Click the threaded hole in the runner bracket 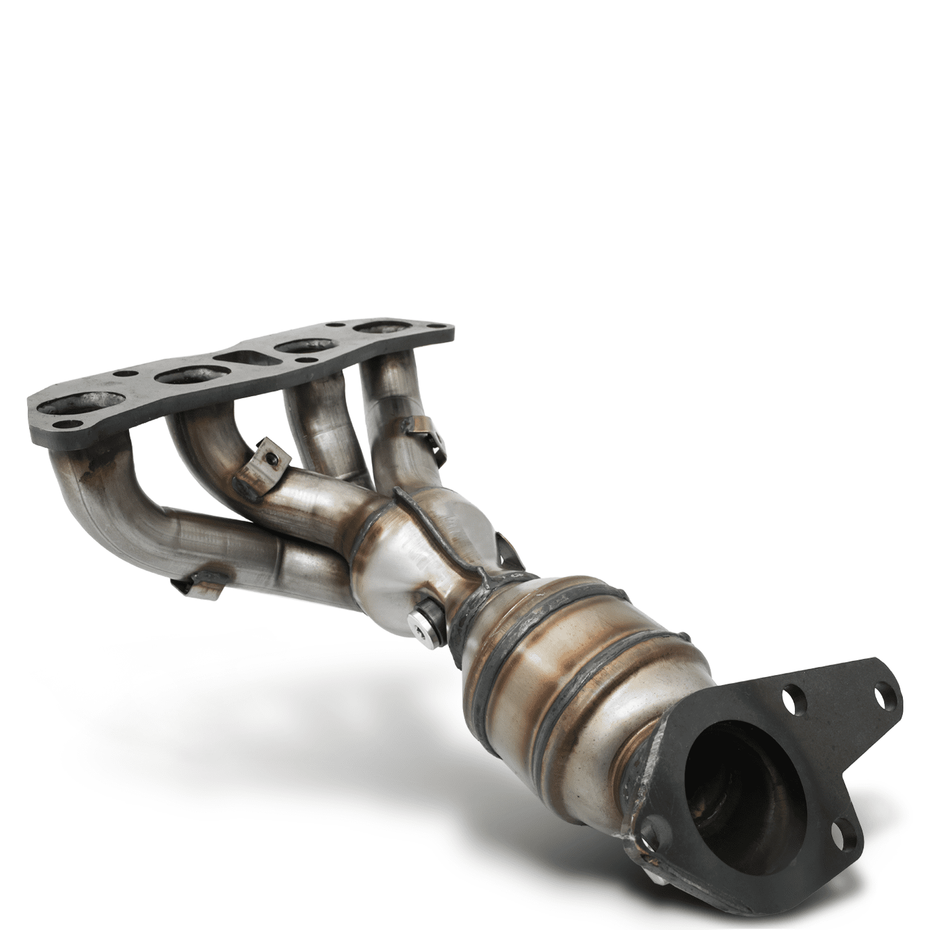271,458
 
